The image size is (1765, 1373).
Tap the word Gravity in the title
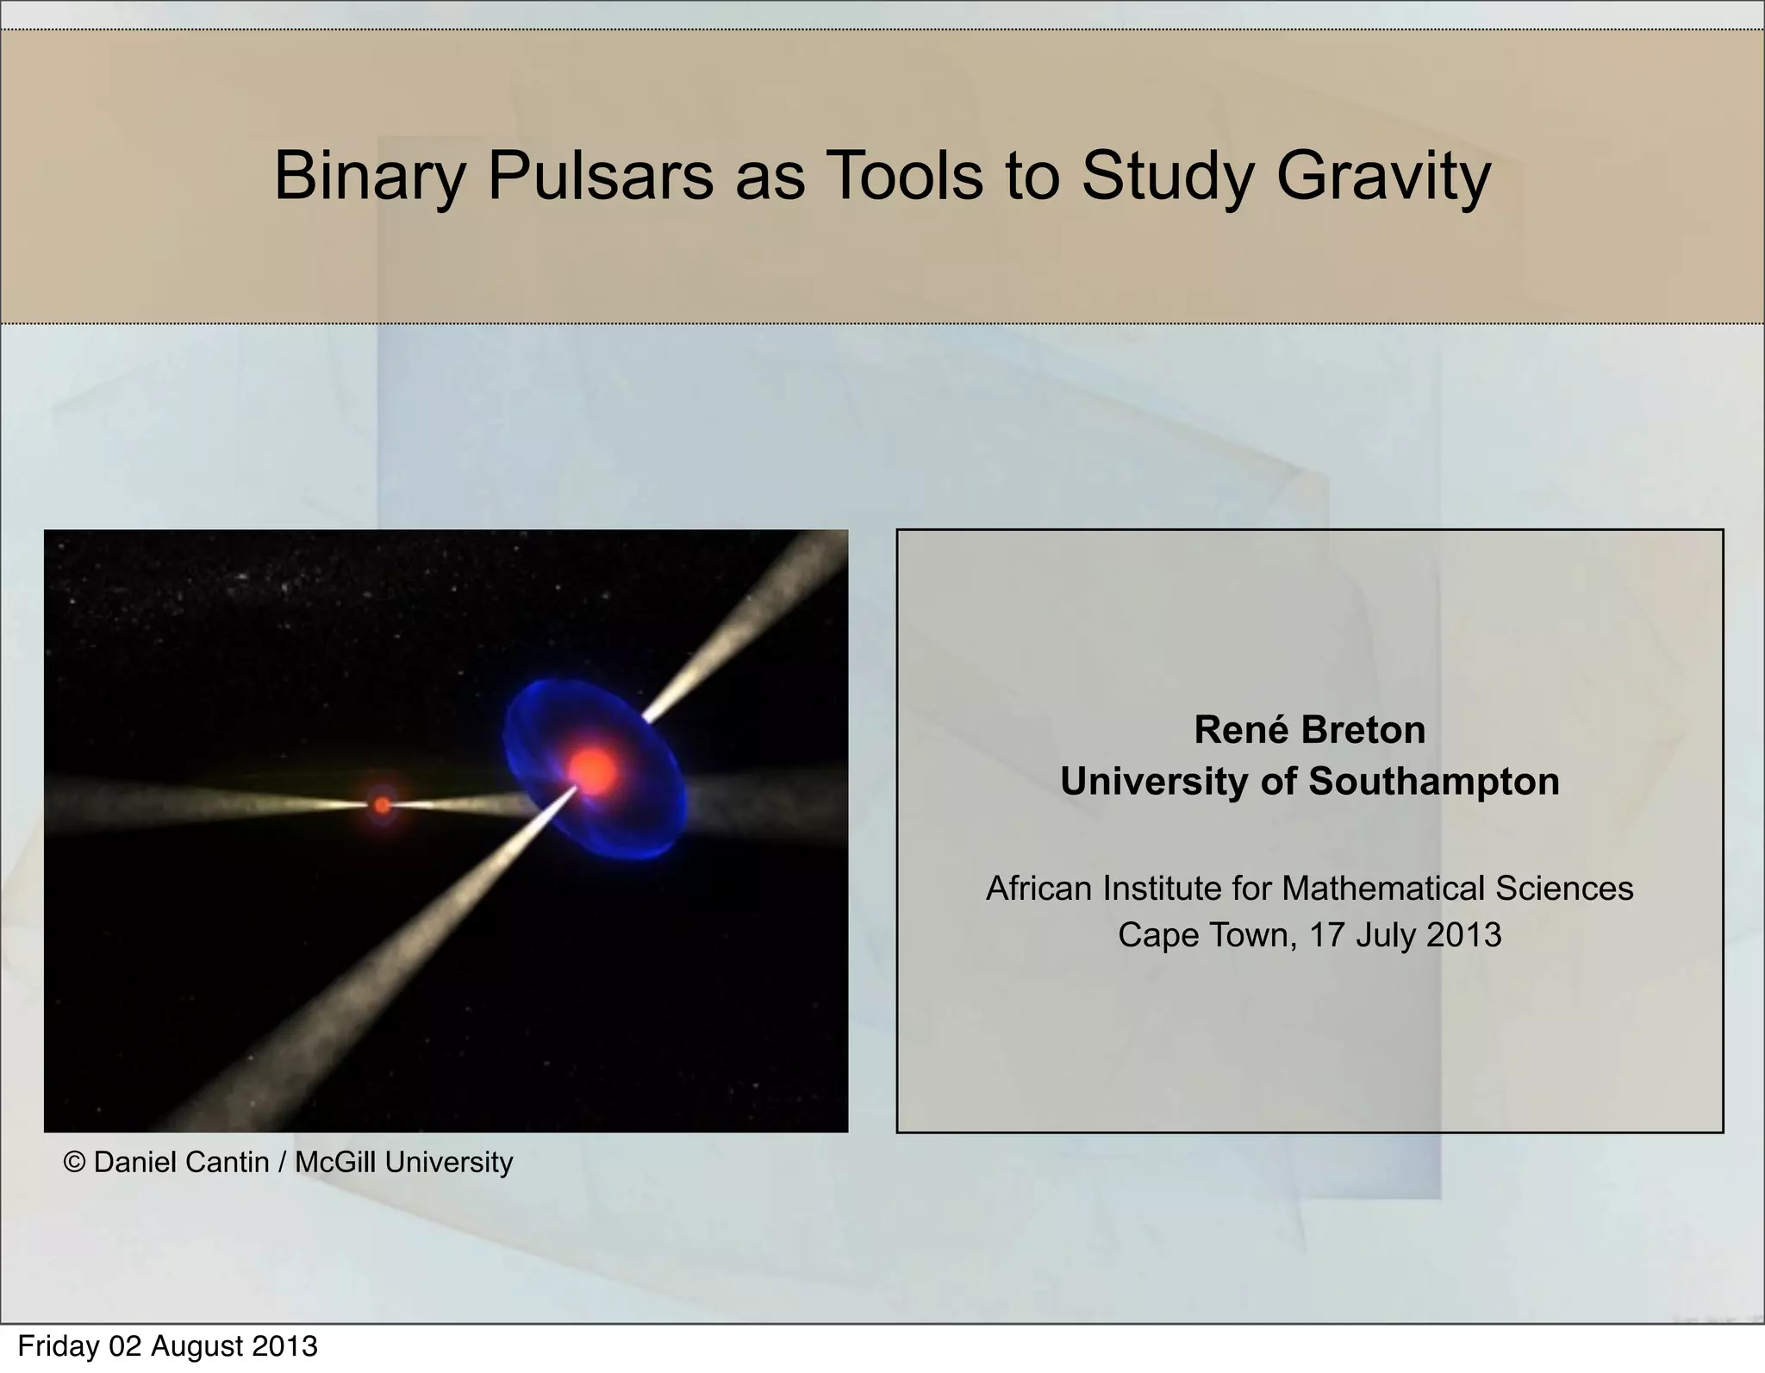pyautogui.click(x=1382, y=177)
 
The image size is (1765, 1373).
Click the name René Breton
pyautogui.click(x=1309, y=730)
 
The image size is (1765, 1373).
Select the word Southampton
pyautogui.click(x=1433, y=782)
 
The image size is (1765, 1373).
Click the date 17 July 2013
pyautogui.click(x=1405, y=935)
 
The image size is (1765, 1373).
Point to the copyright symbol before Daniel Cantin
pyautogui.click(x=75, y=1163)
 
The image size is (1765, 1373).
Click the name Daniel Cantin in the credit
pyautogui.click(x=181, y=1163)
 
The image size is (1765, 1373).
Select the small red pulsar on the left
pyautogui.click(x=382, y=805)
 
